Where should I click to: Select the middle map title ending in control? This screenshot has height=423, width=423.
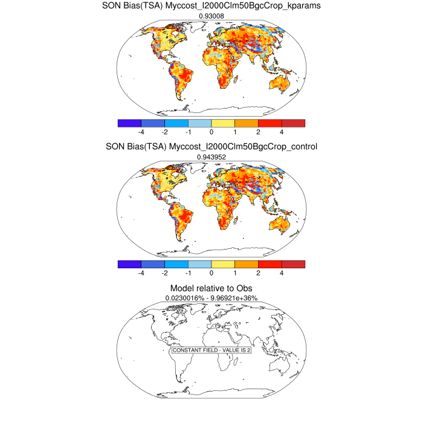pyautogui.click(x=211, y=146)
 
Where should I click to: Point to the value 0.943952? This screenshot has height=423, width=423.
pyautogui.click(x=211, y=157)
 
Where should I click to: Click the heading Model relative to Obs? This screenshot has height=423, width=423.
pyautogui.click(x=211, y=288)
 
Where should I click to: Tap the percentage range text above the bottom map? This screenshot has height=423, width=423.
pyautogui.click(x=211, y=298)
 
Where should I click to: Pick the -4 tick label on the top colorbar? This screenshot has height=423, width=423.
pyautogui.click(x=141, y=131)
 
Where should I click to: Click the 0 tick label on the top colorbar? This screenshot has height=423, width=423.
pyautogui.click(x=211, y=131)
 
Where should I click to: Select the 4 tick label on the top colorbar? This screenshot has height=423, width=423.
pyautogui.click(x=282, y=131)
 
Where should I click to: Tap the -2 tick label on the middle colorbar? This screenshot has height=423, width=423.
pyautogui.click(x=164, y=273)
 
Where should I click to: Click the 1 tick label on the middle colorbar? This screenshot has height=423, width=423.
pyautogui.click(x=234, y=273)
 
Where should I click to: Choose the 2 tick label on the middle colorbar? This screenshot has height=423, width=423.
pyautogui.click(x=258, y=273)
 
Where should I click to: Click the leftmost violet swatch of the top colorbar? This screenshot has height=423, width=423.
pyautogui.click(x=129, y=123)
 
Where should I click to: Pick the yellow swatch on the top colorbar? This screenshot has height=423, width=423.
pyautogui.click(x=223, y=123)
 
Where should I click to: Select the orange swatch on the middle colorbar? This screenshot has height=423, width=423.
pyautogui.click(x=247, y=264)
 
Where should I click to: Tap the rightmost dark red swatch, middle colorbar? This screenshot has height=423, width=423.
pyautogui.click(x=293, y=264)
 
